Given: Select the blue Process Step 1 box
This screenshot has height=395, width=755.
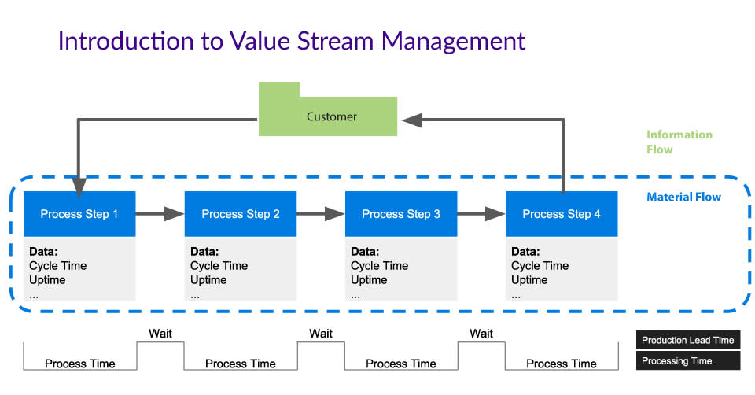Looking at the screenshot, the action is click(x=79, y=214).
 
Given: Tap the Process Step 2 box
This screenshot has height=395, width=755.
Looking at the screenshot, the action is click(x=241, y=214).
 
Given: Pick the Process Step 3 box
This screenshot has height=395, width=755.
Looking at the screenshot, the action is click(x=401, y=214).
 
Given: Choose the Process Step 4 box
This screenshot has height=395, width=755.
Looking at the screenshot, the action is click(x=562, y=214).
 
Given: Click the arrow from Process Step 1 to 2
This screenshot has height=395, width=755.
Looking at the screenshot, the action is click(x=160, y=213).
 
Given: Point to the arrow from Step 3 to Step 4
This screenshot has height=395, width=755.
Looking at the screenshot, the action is click(x=481, y=213).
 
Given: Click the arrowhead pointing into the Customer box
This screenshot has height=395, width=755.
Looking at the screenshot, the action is click(x=411, y=120).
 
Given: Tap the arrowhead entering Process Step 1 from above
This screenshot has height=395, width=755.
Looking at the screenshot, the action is click(x=79, y=187).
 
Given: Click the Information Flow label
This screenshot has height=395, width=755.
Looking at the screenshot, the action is click(x=679, y=142).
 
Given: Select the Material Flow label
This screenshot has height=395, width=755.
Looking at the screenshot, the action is click(x=683, y=197).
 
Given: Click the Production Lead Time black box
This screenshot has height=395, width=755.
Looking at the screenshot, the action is click(x=688, y=340).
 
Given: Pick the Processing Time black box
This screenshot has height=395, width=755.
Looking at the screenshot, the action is click(x=688, y=361).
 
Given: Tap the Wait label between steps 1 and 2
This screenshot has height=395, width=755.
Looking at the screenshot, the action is click(x=160, y=334).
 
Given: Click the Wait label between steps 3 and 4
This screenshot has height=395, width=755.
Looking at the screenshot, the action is click(x=481, y=334).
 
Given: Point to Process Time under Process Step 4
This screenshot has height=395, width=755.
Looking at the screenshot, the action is click(x=562, y=364).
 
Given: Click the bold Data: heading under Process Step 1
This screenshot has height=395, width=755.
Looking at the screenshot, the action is click(x=43, y=252).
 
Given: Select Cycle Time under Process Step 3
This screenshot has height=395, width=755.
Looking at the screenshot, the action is click(x=379, y=265).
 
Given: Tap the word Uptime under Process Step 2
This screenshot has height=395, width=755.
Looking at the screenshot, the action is click(x=208, y=280).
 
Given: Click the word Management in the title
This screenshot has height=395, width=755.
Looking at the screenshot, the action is click(x=453, y=42).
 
